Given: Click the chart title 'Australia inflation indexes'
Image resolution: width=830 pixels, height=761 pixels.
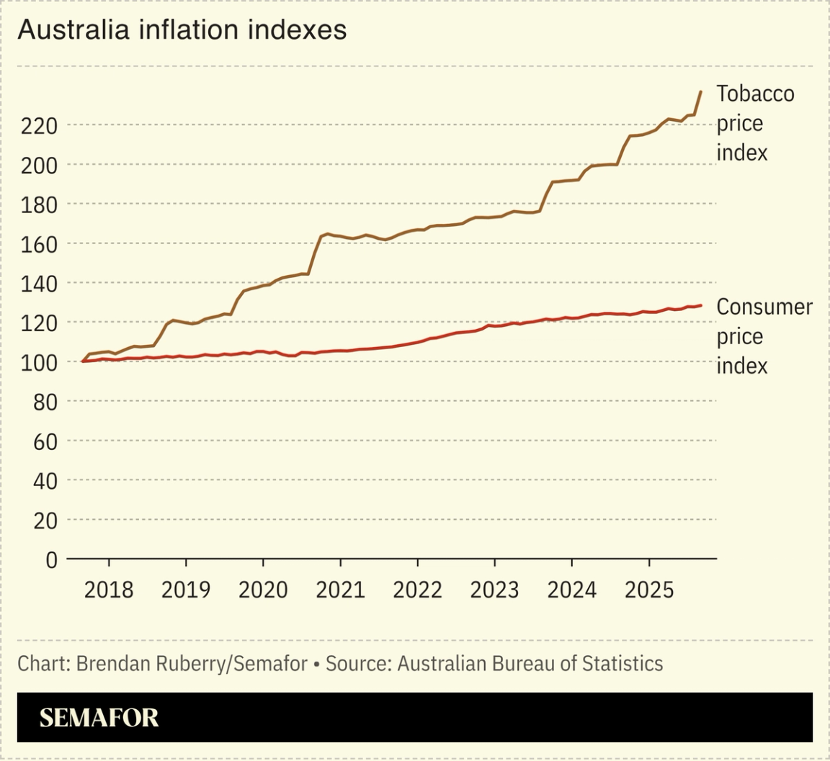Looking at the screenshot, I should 182,30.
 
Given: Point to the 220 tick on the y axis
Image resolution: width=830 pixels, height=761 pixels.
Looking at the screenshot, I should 39,126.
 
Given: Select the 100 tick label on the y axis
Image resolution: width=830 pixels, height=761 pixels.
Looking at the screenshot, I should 39,362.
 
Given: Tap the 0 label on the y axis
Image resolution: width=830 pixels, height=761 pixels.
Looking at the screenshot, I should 51,559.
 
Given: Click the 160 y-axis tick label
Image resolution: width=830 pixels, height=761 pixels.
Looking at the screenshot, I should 39,244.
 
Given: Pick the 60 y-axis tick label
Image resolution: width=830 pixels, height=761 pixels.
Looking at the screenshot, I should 45,441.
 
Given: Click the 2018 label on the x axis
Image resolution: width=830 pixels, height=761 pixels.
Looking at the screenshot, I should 109,590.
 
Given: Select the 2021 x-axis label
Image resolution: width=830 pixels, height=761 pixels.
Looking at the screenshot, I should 340,590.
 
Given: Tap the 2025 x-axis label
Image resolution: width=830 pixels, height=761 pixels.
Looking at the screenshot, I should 649,590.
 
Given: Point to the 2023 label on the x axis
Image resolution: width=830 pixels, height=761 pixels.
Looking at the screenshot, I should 494,590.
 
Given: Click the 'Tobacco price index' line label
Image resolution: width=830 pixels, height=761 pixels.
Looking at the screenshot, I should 754,123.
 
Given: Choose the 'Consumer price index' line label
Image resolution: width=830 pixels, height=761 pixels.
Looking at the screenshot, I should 763,336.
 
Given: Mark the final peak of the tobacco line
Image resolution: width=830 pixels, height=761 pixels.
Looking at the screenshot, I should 700,91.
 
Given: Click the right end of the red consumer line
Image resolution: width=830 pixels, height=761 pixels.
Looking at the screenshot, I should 700,305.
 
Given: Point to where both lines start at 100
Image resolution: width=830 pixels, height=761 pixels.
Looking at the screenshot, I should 83,361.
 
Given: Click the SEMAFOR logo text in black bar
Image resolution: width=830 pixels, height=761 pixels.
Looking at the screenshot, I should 99,718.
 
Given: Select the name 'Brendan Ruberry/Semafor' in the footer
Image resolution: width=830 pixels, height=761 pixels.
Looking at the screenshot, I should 192,663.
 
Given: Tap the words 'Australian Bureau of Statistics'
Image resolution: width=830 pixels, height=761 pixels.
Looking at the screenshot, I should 530,663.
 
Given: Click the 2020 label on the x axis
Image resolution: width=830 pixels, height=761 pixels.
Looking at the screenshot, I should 263,590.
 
